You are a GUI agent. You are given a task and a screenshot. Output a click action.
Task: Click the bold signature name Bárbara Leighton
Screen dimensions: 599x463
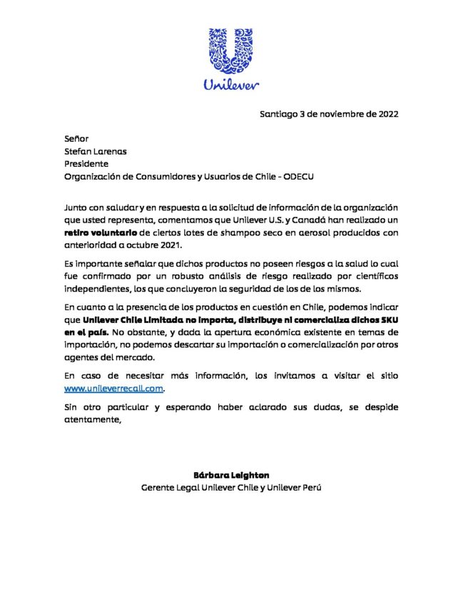click(x=231, y=474)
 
